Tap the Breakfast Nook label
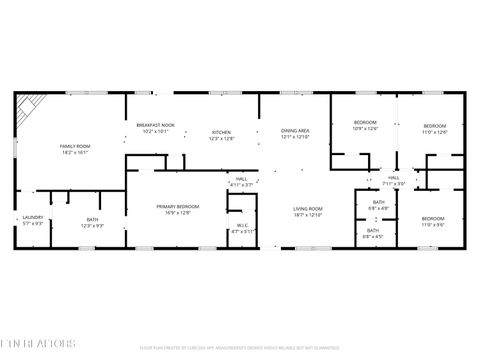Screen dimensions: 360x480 pos(155,127)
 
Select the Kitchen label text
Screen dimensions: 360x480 pos(221,134)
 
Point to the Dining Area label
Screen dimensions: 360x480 pos(294,132)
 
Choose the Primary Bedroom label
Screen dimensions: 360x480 pos(176,209)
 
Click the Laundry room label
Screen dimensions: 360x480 pos(33,220)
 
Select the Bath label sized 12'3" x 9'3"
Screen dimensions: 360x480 pos(92,222)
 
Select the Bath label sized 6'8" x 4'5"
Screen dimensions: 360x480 pos(373,232)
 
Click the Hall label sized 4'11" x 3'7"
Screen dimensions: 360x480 pos(241,181)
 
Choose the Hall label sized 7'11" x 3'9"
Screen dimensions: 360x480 pos(394,180)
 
